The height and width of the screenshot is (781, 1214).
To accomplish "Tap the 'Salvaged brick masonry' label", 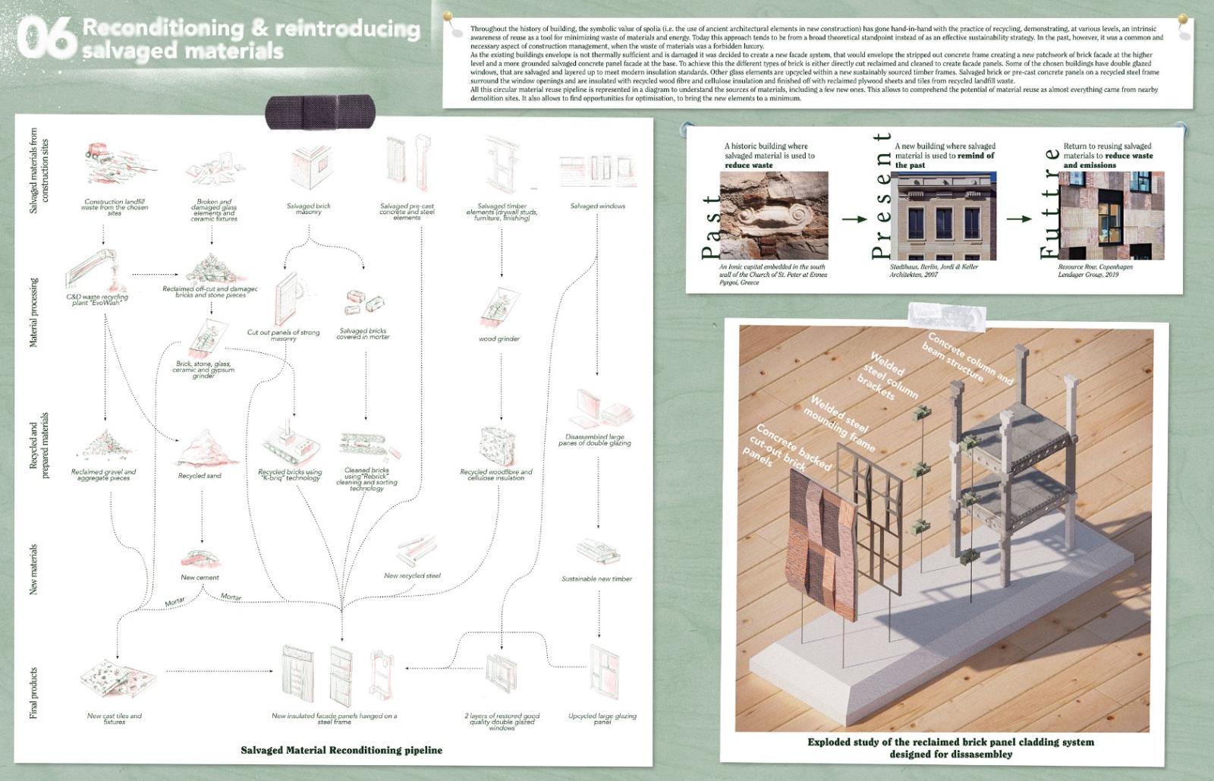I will click(309, 209).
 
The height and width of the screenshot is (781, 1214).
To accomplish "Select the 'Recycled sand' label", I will click(200, 476).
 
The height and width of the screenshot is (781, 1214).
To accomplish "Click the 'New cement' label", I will click(200, 578).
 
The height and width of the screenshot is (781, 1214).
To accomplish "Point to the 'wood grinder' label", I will click(498, 339).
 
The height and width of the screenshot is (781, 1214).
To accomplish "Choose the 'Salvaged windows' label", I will click(597, 206).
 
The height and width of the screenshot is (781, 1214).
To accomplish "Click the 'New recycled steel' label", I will click(412, 576).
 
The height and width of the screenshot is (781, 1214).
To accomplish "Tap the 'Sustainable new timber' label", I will click(596, 579).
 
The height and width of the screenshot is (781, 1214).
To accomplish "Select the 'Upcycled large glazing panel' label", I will click(602, 719).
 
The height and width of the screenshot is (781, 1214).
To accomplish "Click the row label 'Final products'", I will click(33, 694).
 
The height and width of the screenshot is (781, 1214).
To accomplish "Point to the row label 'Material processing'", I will click(33, 313).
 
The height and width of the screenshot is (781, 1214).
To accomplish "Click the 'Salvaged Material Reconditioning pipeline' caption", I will click(341, 751).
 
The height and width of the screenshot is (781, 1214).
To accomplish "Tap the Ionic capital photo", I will click(773, 216).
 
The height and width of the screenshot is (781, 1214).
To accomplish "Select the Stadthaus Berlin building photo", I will click(946, 216).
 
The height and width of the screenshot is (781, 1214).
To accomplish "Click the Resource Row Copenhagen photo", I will click(1111, 216).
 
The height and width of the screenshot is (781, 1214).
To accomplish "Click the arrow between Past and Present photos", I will click(855, 219).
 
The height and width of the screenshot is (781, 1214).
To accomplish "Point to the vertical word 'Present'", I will click(881, 196).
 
